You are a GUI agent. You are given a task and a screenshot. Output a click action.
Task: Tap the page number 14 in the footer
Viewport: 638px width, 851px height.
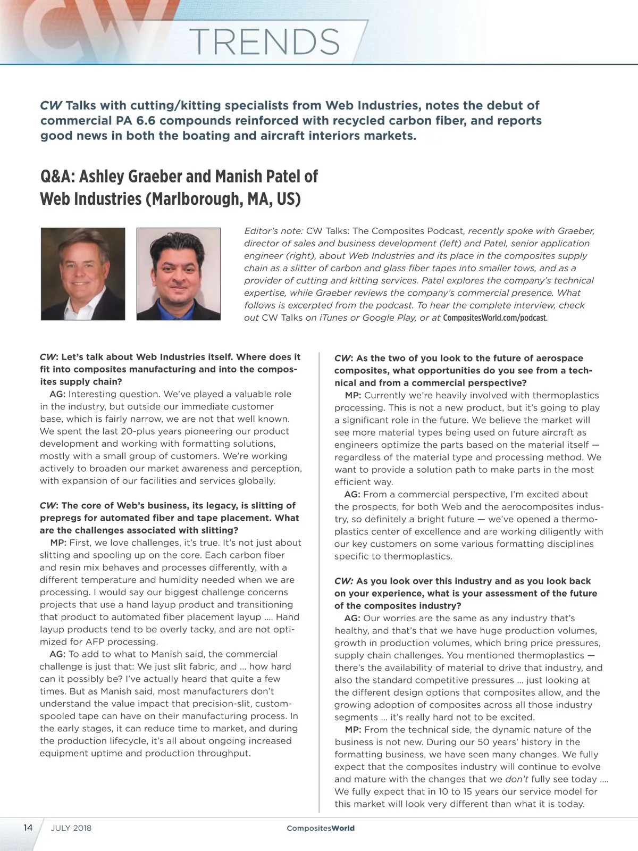[x=28, y=828]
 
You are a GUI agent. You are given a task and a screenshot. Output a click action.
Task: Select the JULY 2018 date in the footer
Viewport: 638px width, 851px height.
[x=71, y=828]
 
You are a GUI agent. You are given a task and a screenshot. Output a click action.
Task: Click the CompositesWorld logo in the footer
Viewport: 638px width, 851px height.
[x=320, y=828]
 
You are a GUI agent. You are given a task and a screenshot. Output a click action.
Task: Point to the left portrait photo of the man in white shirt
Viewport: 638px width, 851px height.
[x=83, y=274]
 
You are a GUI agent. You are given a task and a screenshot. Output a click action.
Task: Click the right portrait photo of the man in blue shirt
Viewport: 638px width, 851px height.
[x=179, y=274]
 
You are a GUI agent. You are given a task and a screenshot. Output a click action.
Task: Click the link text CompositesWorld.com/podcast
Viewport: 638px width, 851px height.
[x=494, y=318]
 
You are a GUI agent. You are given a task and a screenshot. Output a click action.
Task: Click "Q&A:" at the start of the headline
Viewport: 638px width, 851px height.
[x=57, y=176]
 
